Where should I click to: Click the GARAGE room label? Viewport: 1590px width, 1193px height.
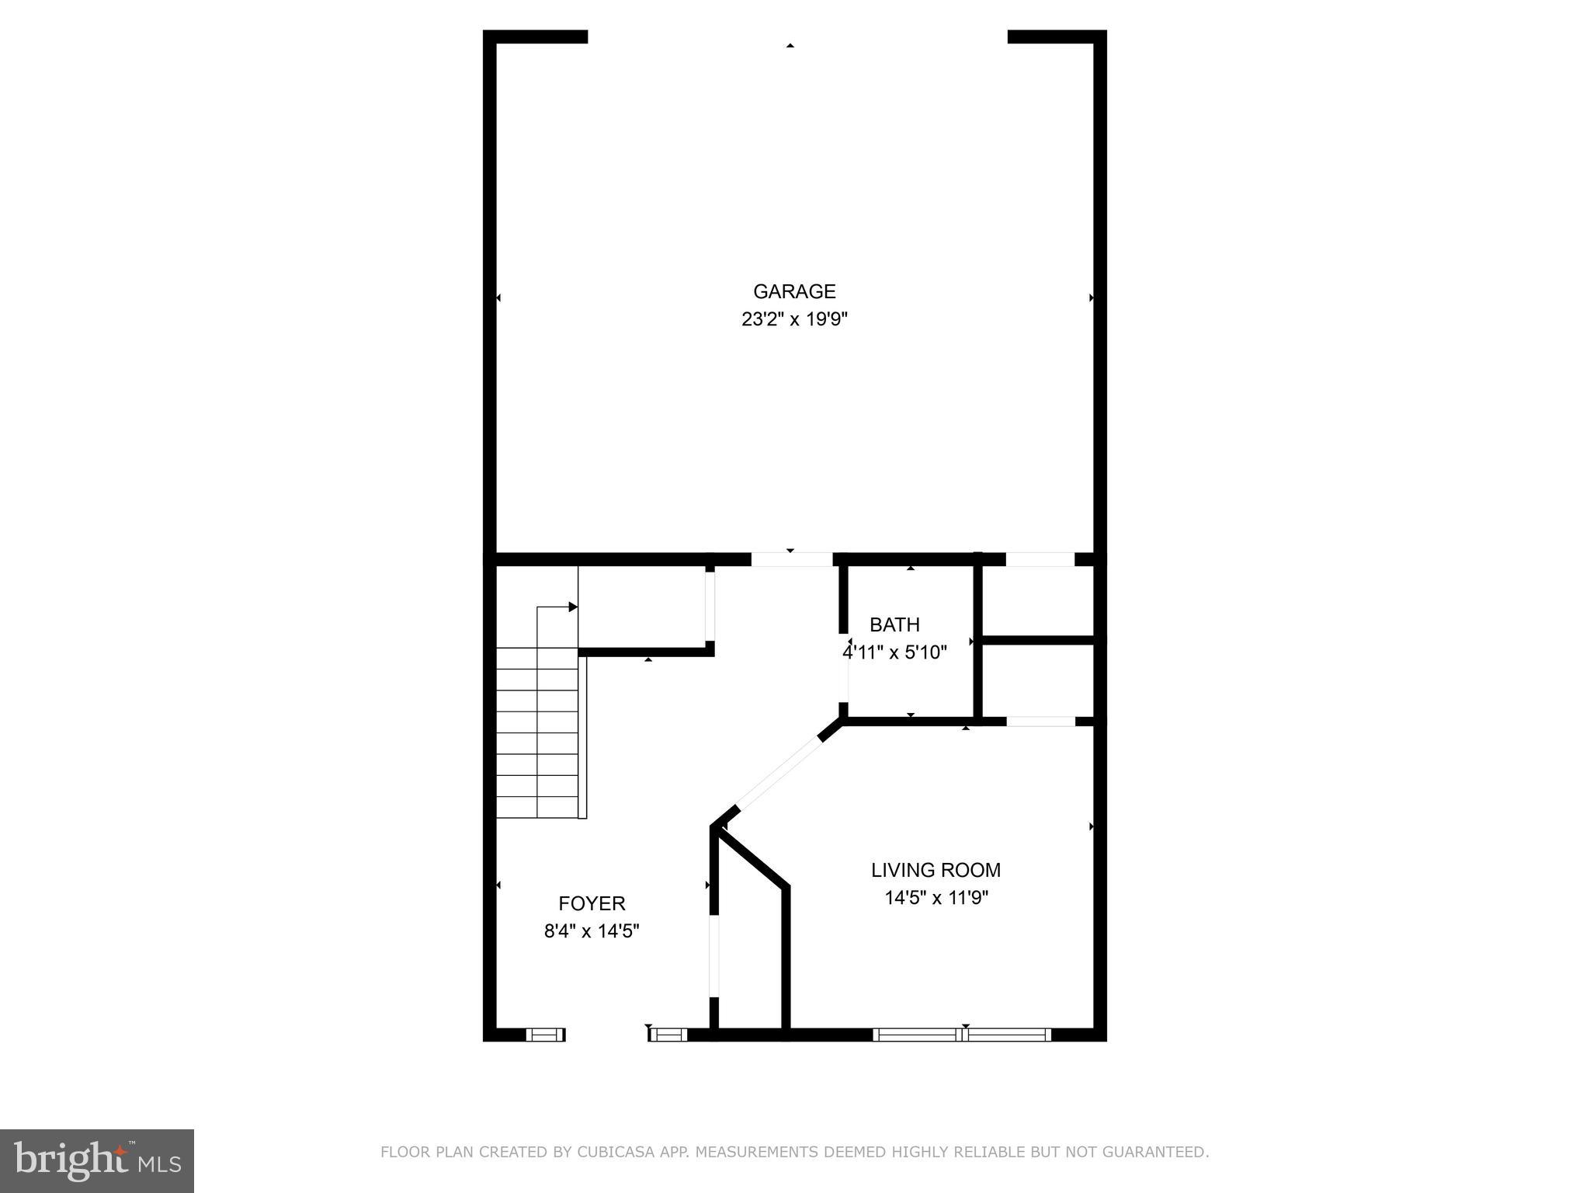pyautogui.click(x=794, y=291)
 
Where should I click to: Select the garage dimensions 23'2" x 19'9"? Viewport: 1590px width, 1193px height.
pyautogui.click(x=794, y=319)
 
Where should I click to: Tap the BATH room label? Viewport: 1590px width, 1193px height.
pyautogui.click(x=894, y=624)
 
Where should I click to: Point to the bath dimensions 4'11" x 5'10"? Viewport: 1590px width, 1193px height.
pyautogui.click(x=894, y=652)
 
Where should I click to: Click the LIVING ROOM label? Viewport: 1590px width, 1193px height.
pyautogui.click(x=936, y=870)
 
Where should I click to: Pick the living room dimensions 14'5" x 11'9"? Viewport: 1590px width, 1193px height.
pyautogui.click(x=936, y=898)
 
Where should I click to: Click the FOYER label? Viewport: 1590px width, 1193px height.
pyautogui.click(x=592, y=903)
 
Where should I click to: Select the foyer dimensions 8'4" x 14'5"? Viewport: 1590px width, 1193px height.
pyautogui.click(x=592, y=930)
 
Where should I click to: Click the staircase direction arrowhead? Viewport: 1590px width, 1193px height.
pyautogui.click(x=573, y=607)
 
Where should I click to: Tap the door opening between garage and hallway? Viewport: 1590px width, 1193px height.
pyautogui.click(x=792, y=559)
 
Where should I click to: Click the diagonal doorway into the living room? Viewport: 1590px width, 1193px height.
pyautogui.click(x=779, y=773)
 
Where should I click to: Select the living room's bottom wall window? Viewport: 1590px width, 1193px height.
pyautogui.click(x=962, y=1034)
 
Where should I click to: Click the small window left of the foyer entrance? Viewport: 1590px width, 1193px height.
pyautogui.click(x=545, y=1034)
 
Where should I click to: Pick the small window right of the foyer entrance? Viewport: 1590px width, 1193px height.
pyautogui.click(x=668, y=1034)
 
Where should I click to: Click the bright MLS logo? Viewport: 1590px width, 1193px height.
pyautogui.click(x=97, y=1160)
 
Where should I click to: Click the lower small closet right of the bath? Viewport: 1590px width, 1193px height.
pyautogui.click(x=1039, y=681)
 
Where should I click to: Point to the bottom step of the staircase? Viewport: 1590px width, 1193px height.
pyautogui.click(x=537, y=807)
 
